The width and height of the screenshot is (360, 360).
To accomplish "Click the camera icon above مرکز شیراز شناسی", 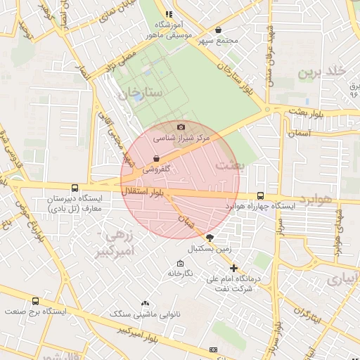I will pyautogui.click(x=181, y=127).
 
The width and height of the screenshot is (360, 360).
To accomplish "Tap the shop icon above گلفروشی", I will pyautogui.click(x=155, y=159).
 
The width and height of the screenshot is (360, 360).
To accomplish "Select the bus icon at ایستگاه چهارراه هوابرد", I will pyautogui.click(x=261, y=196).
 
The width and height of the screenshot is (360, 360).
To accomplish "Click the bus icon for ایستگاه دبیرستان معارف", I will pyautogui.click(x=75, y=188).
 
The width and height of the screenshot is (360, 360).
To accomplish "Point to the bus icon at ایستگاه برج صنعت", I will pyautogui.click(x=35, y=300).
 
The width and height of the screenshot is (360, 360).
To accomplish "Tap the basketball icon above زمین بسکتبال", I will pyautogui.click(x=209, y=238).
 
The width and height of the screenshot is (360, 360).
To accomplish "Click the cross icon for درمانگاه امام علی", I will pyautogui.click(x=233, y=268).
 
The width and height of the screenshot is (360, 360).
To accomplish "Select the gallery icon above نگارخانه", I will pyautogui.click(x=179, y=263).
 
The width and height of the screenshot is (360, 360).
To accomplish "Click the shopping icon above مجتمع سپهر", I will pyautogui.click(x=218, y=30).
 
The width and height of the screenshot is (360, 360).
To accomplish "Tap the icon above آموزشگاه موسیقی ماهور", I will pyautogui.click(x=168, y=14).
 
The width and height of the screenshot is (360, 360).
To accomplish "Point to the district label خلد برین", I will pyautogui.click(x=323, y=72).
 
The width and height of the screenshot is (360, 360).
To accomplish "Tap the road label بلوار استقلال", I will pyautogui.click(x=144, y=191).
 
